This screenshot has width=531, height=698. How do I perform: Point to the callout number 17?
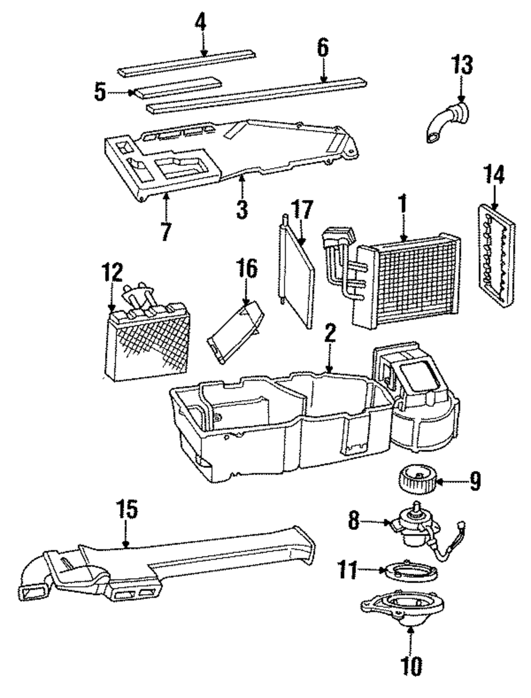(x=302, y=210)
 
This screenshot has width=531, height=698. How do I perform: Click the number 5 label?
(x=100, y=92)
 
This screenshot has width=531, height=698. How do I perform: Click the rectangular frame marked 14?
(x=496, y=255)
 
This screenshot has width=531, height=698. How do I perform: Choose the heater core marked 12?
(x=147, y=331)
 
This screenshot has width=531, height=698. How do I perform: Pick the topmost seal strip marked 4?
(x=187, y=63)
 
